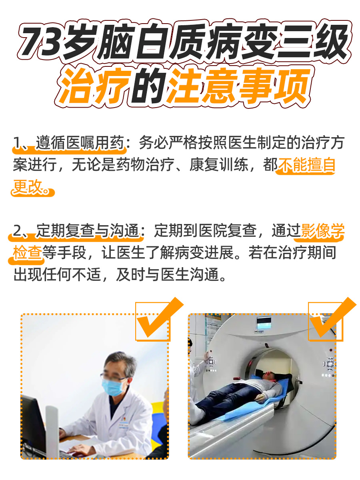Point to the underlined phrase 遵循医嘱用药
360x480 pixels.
tap(80, 143)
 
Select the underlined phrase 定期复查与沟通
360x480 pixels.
tap(87, 231)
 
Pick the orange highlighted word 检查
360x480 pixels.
tap(27, 253)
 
